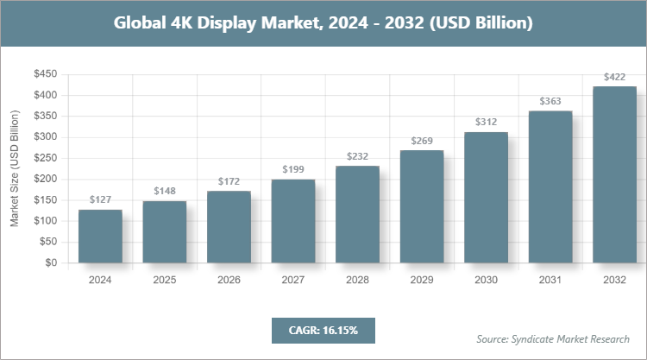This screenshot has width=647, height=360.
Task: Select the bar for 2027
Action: [292, 221]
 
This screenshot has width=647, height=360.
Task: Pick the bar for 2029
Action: [421, 206]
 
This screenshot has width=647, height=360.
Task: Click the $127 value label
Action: [100, 199]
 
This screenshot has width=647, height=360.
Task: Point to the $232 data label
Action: [357, 156]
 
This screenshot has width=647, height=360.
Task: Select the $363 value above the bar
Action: [550, 101]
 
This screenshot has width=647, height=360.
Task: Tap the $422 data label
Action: [614, 76]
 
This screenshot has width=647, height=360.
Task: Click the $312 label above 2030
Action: [486, 122]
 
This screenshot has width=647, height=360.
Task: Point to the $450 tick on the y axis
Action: [45, 74]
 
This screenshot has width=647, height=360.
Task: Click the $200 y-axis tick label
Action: [45, 179]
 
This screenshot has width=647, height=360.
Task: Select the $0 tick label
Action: [50, 262]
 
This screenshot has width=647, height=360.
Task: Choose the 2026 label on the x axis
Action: [229, 280]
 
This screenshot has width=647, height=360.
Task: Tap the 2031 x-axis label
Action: [550, 280]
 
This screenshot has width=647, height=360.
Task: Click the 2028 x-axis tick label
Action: [357, 280]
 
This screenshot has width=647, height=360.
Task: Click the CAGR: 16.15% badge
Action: [323, 330]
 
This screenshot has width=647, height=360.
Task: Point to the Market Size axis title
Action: [15, 168]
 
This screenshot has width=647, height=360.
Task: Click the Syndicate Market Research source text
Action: [553, 338]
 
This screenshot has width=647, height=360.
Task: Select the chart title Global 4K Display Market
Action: [323, 22]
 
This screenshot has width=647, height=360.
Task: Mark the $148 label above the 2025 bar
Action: [164, 191]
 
